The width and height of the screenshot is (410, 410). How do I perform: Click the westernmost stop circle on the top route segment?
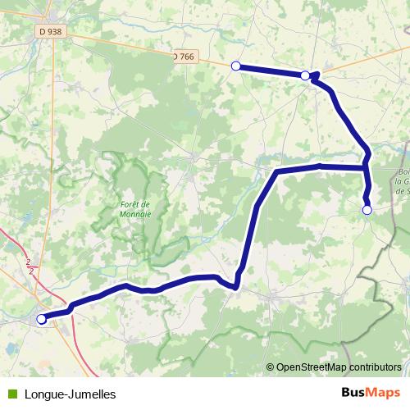(x=235, y=66)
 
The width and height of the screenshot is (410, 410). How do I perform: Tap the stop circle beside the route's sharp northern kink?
(x=305, y=75)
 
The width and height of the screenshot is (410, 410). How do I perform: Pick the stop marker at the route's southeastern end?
(x=367, y=211)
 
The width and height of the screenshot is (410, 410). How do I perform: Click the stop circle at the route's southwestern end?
(x=42, y=319)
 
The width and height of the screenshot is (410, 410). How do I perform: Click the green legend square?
(x=11, y=394)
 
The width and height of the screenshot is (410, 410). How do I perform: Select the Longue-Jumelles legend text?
(x=70, y=394)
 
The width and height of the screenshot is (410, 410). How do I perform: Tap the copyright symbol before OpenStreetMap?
(x=271, y=368)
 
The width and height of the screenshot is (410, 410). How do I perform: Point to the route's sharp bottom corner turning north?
(x=236, y=286)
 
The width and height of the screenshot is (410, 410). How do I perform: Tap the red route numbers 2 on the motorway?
(x=30, y=264)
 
